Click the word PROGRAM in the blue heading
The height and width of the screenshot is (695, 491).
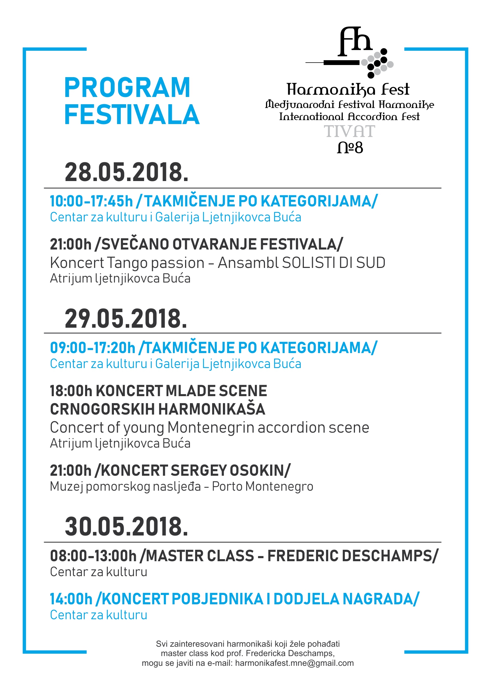tap(127, 88)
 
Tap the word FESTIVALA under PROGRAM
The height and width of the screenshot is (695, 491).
tap(132, 115)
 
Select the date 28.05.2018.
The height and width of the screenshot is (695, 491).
tap(126, 172)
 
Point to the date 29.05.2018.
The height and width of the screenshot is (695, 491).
tap(126, 319)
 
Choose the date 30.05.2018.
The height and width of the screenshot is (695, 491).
tap(126, 527)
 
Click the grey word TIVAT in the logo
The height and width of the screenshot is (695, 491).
tap(349, 132)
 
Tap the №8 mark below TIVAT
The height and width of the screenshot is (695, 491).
tap(350, 148)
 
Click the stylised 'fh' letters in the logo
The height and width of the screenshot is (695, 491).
tap(355, 42)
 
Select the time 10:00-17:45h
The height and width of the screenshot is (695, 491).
tap(91, 201)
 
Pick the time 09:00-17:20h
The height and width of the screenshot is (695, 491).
tap(92, 348)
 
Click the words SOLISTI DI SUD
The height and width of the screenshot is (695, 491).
tap(333, 263)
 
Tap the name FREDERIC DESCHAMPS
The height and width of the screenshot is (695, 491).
tap(349, 556)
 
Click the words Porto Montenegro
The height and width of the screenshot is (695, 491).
tap(262, 486)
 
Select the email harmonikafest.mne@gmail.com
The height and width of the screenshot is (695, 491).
tap(294, 663)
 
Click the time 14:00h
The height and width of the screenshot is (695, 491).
tap(71, 599)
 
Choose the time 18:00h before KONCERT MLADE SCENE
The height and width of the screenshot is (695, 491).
tap(71, 391)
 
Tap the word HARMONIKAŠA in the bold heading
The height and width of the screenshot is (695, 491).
tap(212, 409)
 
